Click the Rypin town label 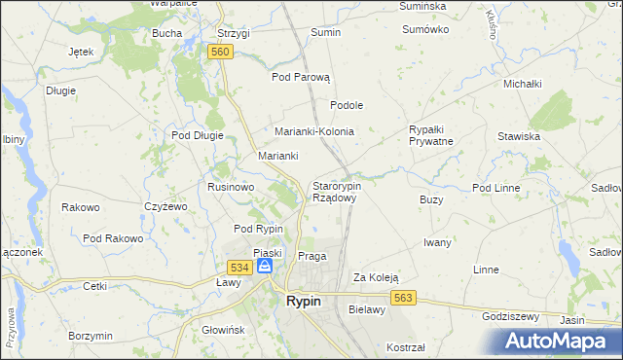point(304,302)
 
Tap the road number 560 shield point(219,52)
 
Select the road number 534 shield point(240,267)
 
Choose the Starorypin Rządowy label point(336,192)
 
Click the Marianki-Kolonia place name point(313,131)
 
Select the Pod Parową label point(302,77)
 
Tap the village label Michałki point(522,84)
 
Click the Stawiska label point(519,136)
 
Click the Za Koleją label point(376,276)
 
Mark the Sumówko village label point(425,29)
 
